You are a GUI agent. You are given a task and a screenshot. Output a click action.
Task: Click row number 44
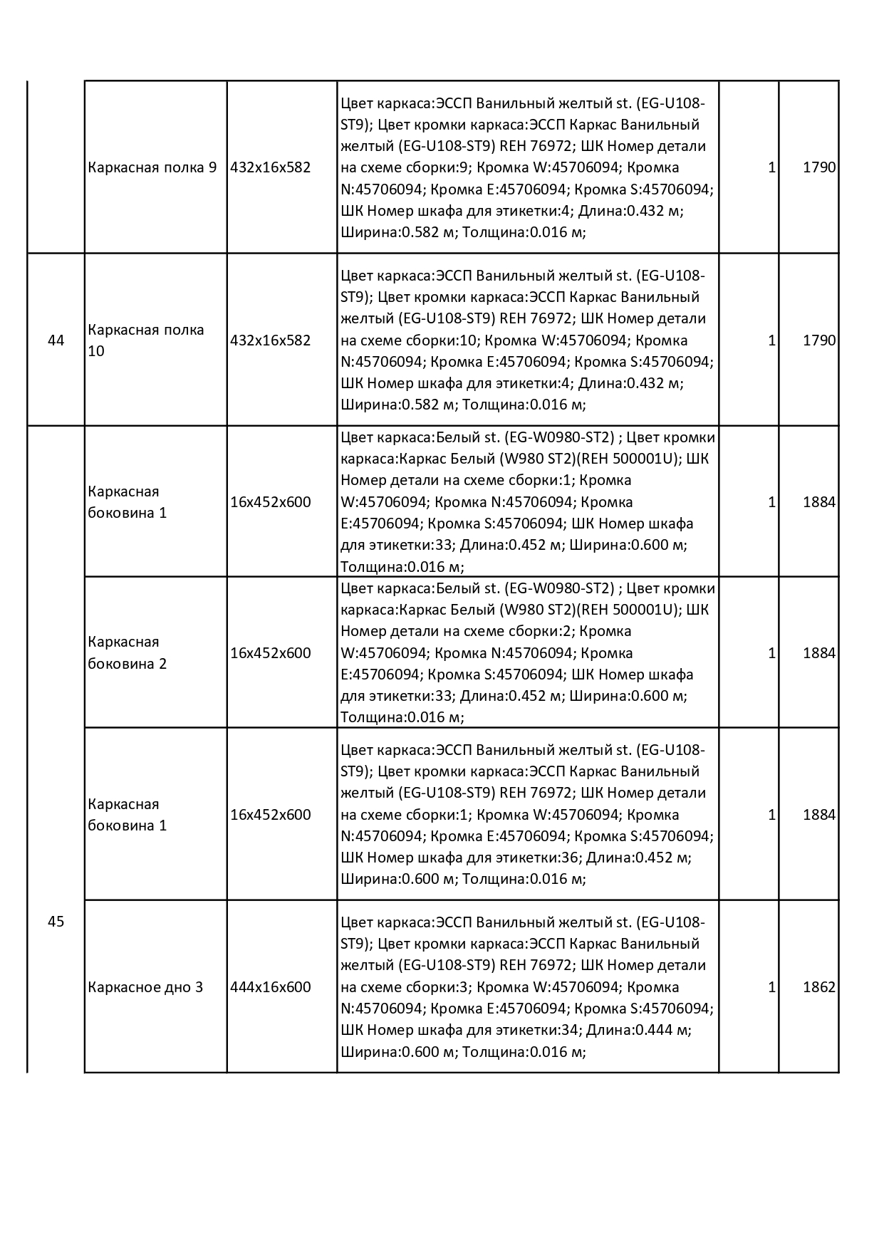(x=56, y=340)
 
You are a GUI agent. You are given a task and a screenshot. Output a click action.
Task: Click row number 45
(x=56, y=922)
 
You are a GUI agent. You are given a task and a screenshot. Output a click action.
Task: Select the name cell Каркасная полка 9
(x=152, y=168)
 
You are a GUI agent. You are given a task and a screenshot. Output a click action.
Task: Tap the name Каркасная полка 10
(x=146, y=340)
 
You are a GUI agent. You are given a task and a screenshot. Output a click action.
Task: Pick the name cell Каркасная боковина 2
(x=128, y=653)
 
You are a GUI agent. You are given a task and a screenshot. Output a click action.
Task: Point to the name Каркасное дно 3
(x=145, y=987)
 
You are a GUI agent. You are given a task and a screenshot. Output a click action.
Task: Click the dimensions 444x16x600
(x=271, y=987)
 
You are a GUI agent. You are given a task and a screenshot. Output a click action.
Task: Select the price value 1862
(x=818, y=987)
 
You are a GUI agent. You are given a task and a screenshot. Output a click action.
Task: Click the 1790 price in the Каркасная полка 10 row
(x=818, y=340)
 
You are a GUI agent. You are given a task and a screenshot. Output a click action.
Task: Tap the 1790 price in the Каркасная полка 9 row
(x=818, y=168)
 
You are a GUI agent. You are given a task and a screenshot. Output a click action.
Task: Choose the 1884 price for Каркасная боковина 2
(x=818, y=653)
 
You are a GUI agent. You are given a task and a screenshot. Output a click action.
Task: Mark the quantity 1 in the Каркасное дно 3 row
(x=771, y=987)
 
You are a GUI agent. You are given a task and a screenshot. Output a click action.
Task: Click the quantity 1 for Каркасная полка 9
(x=771, y=168)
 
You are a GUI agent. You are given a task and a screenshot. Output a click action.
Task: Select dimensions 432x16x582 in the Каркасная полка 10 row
(x=271, y=340)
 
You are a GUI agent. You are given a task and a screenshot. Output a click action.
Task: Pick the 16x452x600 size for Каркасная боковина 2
(x=271, y=653)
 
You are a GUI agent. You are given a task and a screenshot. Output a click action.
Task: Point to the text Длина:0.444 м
(x=640, y=1030)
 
